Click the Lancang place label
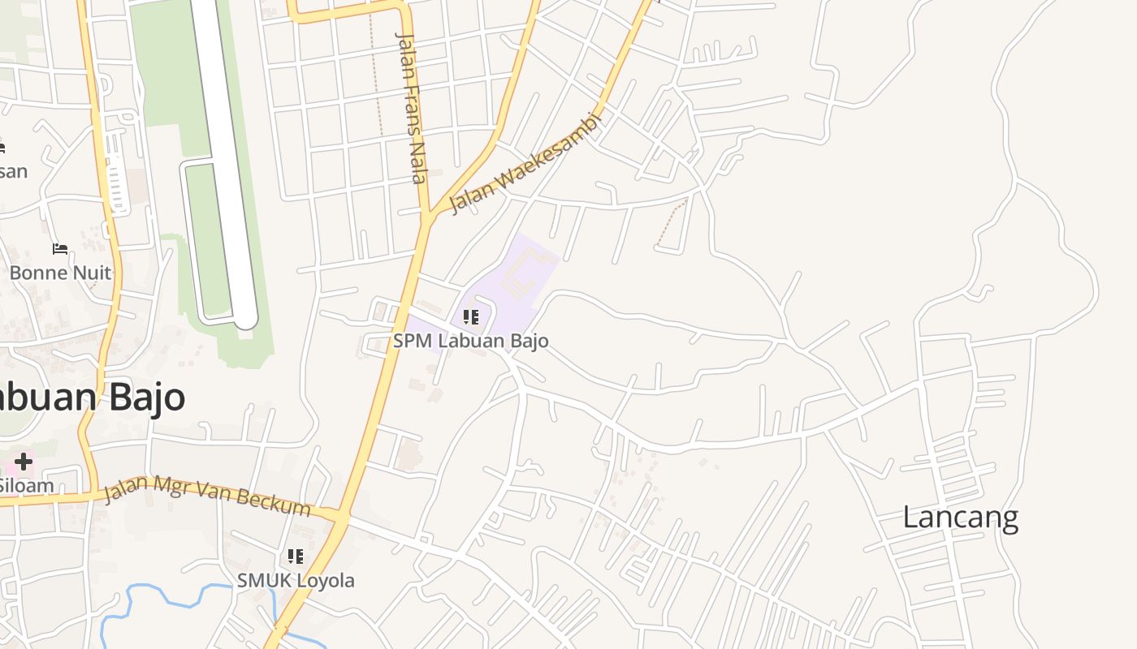(x=960, y=517)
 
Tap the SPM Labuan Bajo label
(x=470, y=341)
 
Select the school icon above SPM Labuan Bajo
(x=470, y=317)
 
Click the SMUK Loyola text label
(x=296, y=580)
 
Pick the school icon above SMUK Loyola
(x=295, y=557)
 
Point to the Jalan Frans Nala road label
(x=411, y=107)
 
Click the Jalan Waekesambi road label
(x=526, y=163)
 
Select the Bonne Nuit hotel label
(x=60, y=273)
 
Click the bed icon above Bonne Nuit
(x=60, y=248)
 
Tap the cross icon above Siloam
(x=23, y=462)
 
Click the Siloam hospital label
(x=26, y=486)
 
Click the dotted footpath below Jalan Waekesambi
(x=671, y=223)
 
